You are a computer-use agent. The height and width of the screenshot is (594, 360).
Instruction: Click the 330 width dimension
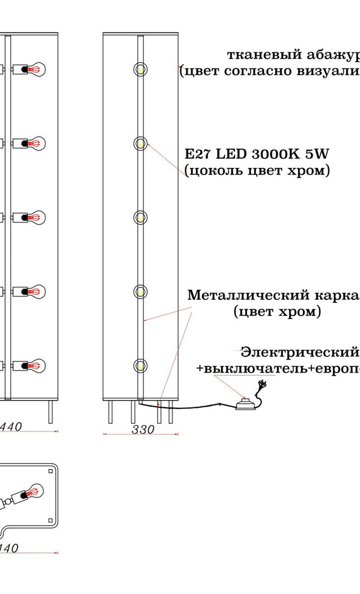pos(142,429)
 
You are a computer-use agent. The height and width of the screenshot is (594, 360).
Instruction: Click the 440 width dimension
pos(11,427)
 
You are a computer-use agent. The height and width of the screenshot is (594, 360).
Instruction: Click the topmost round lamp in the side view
pos(140,69)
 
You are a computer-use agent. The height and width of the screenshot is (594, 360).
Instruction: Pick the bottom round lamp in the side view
pos(140,365)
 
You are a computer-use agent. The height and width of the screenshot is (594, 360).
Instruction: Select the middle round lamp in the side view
pos(140,217)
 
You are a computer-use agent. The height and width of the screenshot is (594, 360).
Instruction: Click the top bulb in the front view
pos(35,70)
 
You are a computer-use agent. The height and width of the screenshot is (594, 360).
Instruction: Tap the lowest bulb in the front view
pos(35,366)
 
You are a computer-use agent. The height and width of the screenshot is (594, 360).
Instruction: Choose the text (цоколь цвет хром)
pos(257,170)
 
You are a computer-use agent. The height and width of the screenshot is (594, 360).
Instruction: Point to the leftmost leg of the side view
pos(108,413)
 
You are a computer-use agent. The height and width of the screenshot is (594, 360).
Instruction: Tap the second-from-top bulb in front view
pos(35,143)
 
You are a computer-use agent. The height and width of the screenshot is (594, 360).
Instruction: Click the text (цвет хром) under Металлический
pos(277,312)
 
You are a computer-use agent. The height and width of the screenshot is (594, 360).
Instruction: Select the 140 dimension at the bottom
pos(10,548)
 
